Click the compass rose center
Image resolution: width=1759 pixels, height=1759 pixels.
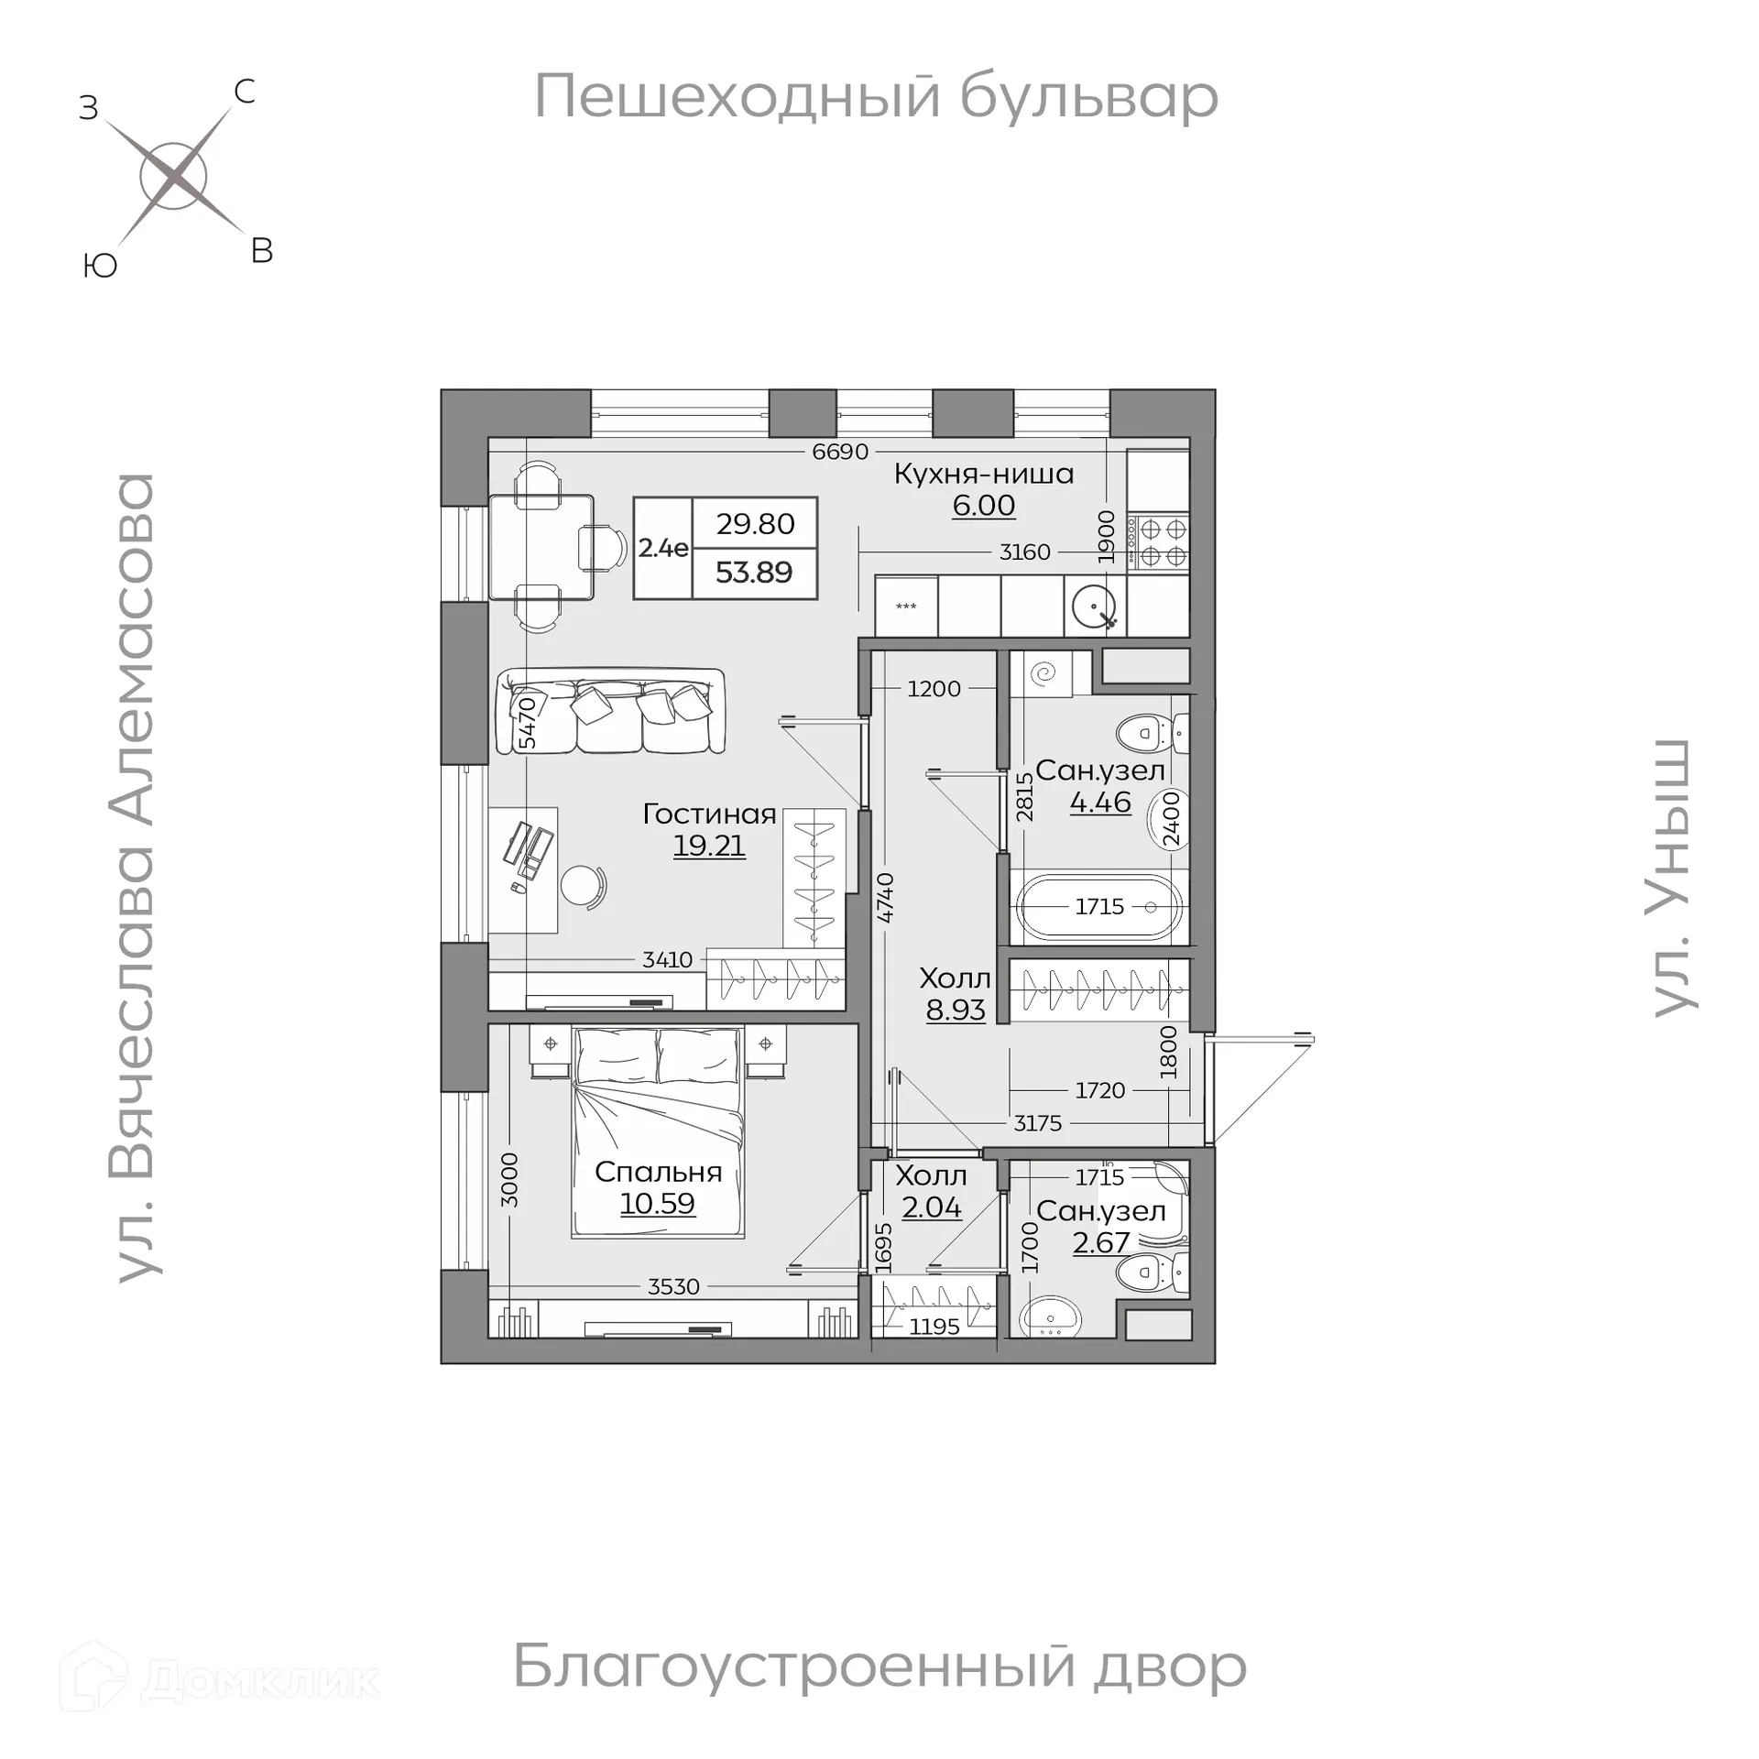174,175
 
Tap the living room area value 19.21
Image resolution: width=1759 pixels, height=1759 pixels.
709,845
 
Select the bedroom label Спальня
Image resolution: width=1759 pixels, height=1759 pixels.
658,1172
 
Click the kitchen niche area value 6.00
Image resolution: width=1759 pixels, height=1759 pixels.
983,505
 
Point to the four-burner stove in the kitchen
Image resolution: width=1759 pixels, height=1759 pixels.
1158,542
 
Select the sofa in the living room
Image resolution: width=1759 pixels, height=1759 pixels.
609,712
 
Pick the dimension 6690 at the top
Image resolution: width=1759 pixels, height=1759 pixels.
839,452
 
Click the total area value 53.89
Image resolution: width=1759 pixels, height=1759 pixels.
753,573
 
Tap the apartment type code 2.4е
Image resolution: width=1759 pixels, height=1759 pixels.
662,548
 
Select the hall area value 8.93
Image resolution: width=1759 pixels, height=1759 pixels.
956,1010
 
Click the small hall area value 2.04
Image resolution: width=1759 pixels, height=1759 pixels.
931,1207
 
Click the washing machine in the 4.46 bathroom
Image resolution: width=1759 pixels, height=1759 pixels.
1045,674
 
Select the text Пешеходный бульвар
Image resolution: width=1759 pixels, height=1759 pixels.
876,96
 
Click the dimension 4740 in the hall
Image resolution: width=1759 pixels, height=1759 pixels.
885,898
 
